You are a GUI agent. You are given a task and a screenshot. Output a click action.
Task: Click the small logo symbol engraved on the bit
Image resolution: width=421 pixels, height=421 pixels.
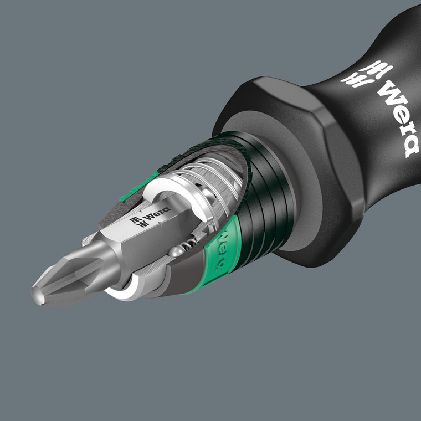tap(137, 222)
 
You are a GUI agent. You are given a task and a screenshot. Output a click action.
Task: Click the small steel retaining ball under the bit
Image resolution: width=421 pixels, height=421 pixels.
tap(176, 251)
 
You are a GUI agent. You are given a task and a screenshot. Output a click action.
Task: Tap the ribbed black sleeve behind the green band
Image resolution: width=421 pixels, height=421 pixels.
tap(260, 216)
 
